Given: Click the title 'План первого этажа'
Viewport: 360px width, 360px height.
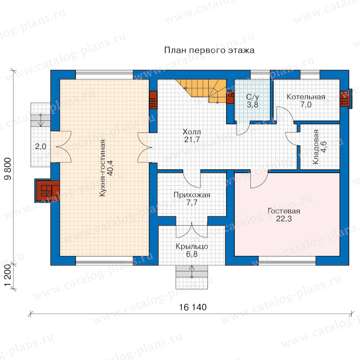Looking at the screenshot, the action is click(209, 50).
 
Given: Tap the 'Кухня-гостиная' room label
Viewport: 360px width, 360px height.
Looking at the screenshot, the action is click(103, 168).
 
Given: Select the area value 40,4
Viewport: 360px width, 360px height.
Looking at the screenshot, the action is click(110, 168).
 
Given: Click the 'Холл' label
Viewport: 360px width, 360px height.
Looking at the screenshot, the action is click(192, 132).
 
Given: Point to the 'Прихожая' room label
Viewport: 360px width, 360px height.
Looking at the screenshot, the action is click(192, 195).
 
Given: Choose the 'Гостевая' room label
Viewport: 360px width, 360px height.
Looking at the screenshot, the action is click(284, 211).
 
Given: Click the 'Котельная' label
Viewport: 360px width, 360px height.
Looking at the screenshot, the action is click(306, 97).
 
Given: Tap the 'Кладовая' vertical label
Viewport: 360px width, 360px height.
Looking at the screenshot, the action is click(316, 147).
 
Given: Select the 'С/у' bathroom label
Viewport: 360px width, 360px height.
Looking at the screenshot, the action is click(252, 97).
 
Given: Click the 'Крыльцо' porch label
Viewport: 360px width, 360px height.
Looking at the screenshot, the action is click(192, 246).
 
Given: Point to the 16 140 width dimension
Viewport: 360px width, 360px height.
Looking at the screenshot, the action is click(193, 307).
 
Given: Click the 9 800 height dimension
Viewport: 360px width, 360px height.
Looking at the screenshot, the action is click(8, 169).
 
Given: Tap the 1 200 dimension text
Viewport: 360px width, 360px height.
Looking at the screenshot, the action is click(8, 276).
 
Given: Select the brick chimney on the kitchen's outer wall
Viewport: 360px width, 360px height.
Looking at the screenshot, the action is click(47, 190).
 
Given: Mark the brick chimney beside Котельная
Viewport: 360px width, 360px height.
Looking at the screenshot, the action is click(345, 98).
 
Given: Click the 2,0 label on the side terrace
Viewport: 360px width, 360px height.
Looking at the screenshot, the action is click(41, 146).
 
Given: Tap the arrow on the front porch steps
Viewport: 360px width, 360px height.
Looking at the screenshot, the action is click(192, 271).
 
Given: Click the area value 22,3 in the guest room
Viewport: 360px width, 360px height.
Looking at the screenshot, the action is click(284, 219).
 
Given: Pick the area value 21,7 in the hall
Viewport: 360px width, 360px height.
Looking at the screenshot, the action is click(192, 139).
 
